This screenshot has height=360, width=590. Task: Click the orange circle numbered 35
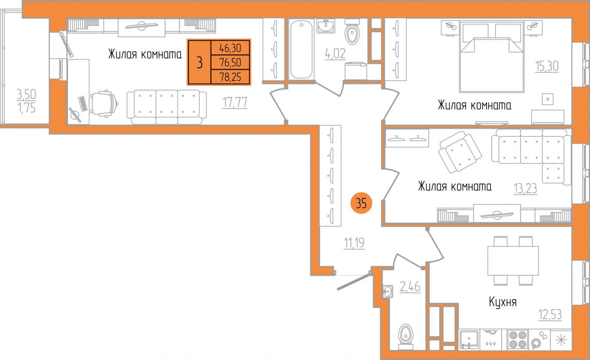[x=361, y=203]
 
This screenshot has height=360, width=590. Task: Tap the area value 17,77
[x=235, y=102]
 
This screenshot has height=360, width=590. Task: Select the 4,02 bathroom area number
[x=335, y=54]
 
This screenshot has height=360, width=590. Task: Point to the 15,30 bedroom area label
[x=547, y=66]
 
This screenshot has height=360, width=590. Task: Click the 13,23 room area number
[x=525, y=188]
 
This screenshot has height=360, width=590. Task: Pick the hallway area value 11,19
[x=354, y=243]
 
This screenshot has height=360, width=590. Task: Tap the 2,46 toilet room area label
[x=410, y=287]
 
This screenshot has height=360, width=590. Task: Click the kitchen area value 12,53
[x=550, y=314]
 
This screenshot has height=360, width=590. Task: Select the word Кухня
[x=503, y=301]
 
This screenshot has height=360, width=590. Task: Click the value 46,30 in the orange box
[x=230, y=48]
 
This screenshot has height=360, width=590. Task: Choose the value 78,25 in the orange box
[x=230, y=77]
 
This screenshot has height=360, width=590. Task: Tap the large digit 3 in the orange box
[x=199, y=62]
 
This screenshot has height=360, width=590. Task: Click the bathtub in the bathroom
[x=301, y=49]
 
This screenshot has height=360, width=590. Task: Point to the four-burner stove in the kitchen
[x=518, y=340]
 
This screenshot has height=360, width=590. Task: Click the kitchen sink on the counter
[x=469, y=340]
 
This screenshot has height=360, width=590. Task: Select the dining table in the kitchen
[x=513, y=261]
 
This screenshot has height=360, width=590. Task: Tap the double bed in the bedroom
[x=492, y=57]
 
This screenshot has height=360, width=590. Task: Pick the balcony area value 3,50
[x=26, y=94]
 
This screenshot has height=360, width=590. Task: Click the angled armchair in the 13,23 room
[x=460, y=152]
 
